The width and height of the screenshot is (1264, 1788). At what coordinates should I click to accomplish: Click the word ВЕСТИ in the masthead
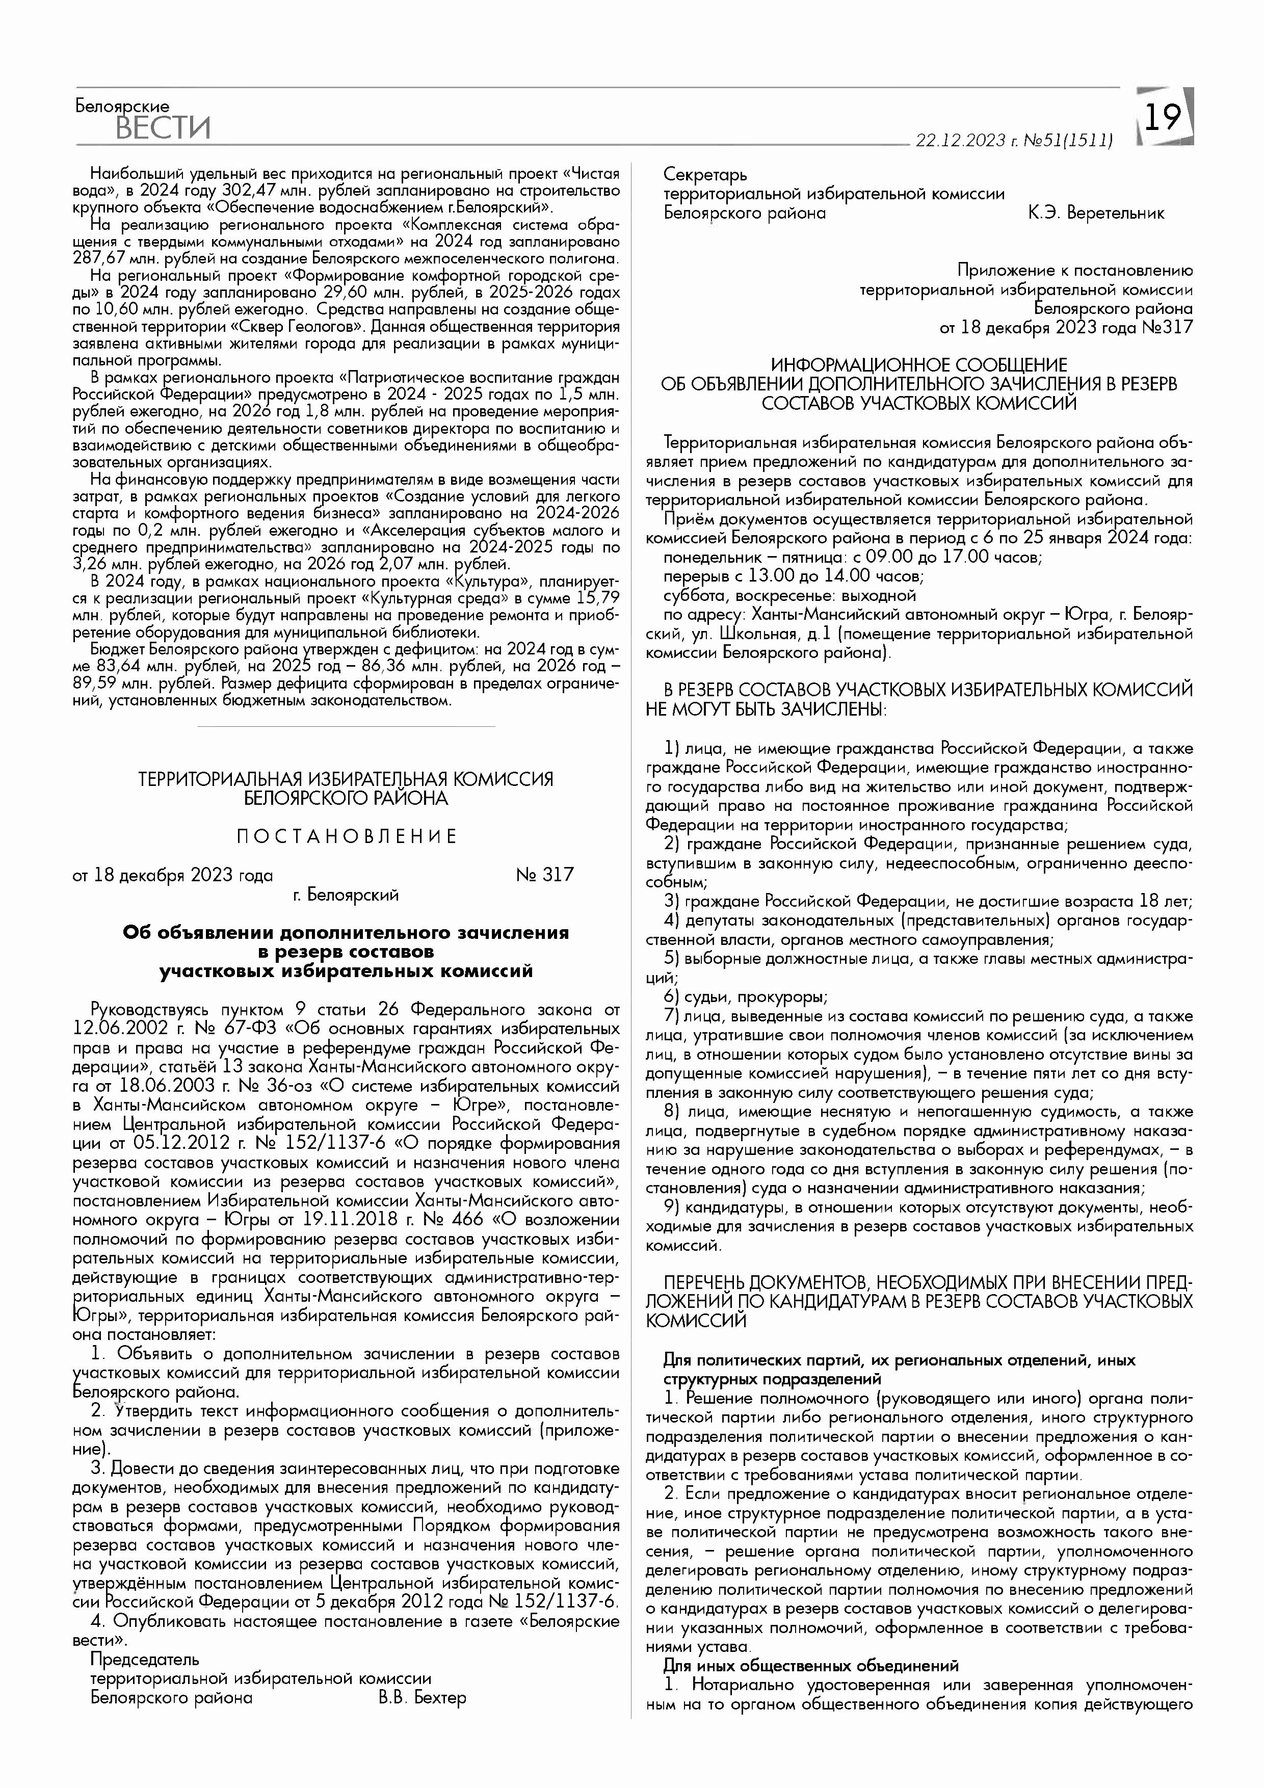pos(163,127)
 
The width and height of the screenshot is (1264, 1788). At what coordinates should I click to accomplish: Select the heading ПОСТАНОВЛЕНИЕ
pos(347,836)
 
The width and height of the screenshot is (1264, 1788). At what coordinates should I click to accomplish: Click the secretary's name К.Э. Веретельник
pos(1096,213)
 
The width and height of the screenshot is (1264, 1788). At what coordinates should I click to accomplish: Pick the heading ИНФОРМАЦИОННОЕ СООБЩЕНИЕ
pos(919,364)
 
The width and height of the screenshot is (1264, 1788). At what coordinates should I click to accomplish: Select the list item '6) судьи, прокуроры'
pos(745,997)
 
